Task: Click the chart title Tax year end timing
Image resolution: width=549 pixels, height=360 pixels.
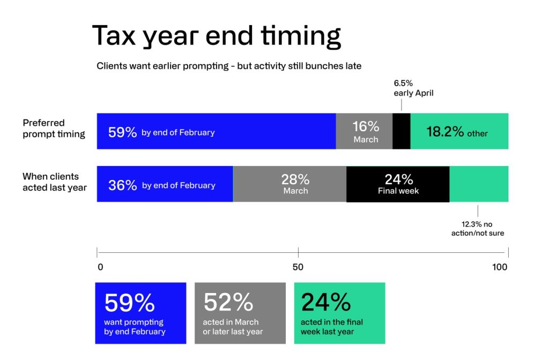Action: click(217, 36)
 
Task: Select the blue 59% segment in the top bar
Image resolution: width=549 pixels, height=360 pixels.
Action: click(216, 131)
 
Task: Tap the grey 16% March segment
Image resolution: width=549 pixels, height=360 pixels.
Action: click(365, 131)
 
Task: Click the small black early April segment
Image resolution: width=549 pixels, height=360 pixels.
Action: click(402, 131)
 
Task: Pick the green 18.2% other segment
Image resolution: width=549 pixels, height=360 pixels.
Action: click(459, 131)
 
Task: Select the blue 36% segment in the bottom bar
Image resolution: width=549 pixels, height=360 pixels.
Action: click(165, 184)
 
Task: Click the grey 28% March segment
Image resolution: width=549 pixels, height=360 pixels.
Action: click(290, 184)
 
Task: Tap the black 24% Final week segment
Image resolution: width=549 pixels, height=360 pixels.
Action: click(398, 184)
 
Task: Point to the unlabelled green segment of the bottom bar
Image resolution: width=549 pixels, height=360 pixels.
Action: click(479, 184)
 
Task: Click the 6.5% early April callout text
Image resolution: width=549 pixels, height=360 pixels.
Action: click(413, 88)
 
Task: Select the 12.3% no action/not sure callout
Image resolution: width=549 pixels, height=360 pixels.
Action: click(478, 228)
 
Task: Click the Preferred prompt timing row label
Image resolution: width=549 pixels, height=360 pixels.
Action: click(54, 129)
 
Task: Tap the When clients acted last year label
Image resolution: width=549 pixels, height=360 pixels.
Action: click(55, 182)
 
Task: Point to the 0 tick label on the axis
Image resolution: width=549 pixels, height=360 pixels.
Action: click(100, 267)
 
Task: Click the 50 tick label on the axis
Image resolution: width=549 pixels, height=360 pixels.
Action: click(298, 267)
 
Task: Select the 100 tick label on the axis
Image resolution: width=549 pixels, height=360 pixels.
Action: click(500, 267)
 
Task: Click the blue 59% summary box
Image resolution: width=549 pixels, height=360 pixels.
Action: click(140, 313)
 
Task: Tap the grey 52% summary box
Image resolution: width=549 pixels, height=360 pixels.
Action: click(240, 313)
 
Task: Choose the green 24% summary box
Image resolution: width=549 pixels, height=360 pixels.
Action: click(339, 313)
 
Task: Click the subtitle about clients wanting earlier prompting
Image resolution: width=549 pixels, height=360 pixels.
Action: click(229, 66)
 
